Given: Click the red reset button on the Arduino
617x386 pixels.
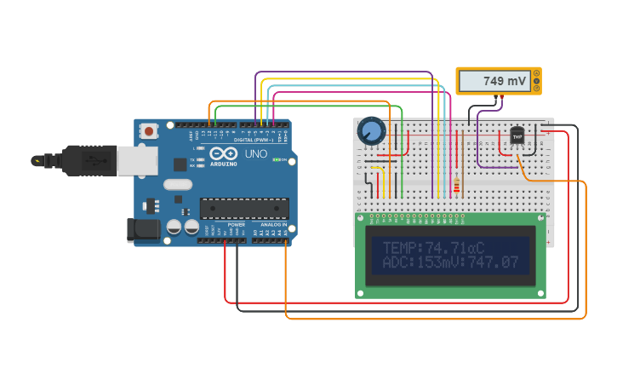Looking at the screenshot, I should (149, 131).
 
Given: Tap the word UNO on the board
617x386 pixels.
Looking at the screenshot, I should (256, 154).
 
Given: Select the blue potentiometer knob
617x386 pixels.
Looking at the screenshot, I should (372, 130).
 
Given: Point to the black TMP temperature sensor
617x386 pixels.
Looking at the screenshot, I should (517, 135).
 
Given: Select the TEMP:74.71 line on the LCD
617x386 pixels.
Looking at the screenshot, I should (433, 247).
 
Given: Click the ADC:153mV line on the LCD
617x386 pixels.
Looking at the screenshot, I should (450, 263).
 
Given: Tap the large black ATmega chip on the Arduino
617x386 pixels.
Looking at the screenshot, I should (243, 207).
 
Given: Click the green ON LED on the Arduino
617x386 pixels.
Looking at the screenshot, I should (275, 159).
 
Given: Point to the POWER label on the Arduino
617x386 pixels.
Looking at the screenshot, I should (236, 225).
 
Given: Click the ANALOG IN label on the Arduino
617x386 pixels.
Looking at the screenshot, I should (272, 225).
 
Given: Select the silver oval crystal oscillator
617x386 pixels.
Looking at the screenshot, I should (178, 184).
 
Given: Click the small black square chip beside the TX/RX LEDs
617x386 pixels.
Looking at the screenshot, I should (180, 164).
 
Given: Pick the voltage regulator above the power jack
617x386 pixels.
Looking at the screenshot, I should (151, 205).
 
